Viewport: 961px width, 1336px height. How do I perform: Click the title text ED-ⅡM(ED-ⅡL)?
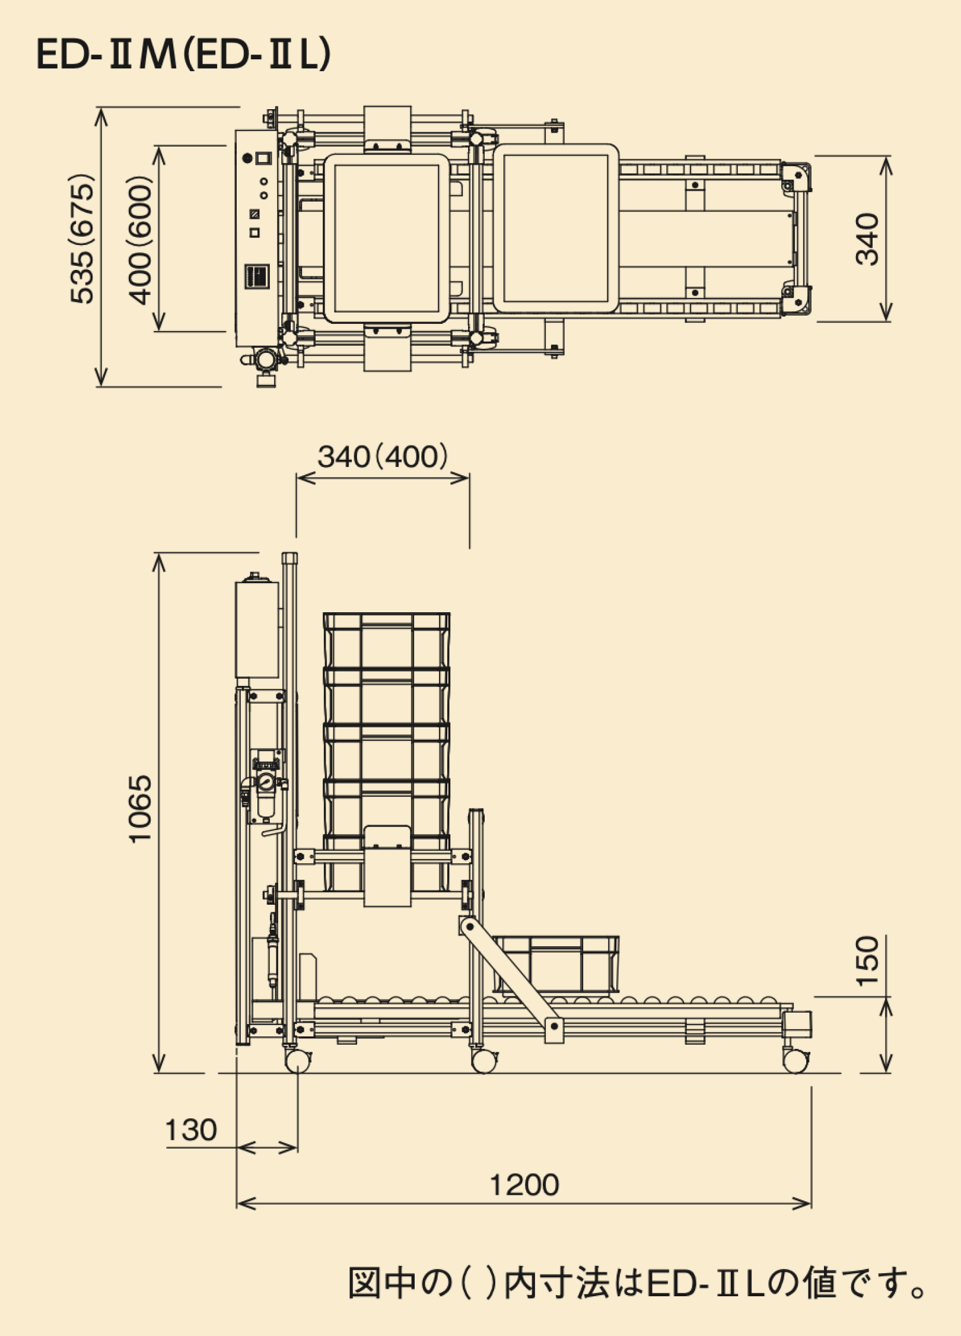183,55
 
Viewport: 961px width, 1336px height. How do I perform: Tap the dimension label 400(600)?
141,240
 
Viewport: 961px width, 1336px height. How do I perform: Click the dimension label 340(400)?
383,457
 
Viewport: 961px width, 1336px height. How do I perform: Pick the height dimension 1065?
141,809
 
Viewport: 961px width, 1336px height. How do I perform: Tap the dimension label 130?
190,1130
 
